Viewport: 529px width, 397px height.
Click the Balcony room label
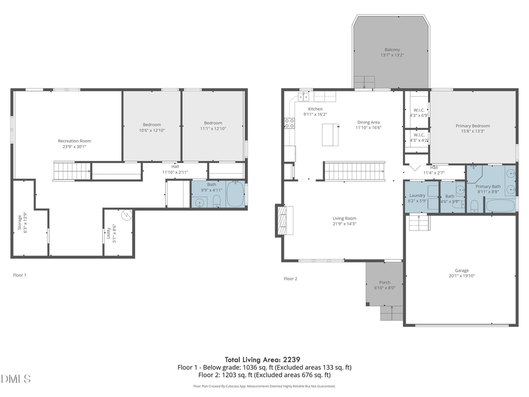[392, 49]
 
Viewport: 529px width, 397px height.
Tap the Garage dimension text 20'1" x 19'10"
[461, 275]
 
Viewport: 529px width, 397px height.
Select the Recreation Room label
[74, 141]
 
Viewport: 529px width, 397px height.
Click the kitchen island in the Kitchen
[330, 135]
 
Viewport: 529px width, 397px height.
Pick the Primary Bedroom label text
[473, 126]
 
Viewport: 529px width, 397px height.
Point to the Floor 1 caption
[20, 275]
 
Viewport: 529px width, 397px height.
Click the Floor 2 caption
[290, 278]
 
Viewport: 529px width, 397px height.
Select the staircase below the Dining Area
[354, 171]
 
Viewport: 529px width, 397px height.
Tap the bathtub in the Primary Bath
[500, 206]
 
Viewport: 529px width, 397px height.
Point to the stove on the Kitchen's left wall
[289, 123]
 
